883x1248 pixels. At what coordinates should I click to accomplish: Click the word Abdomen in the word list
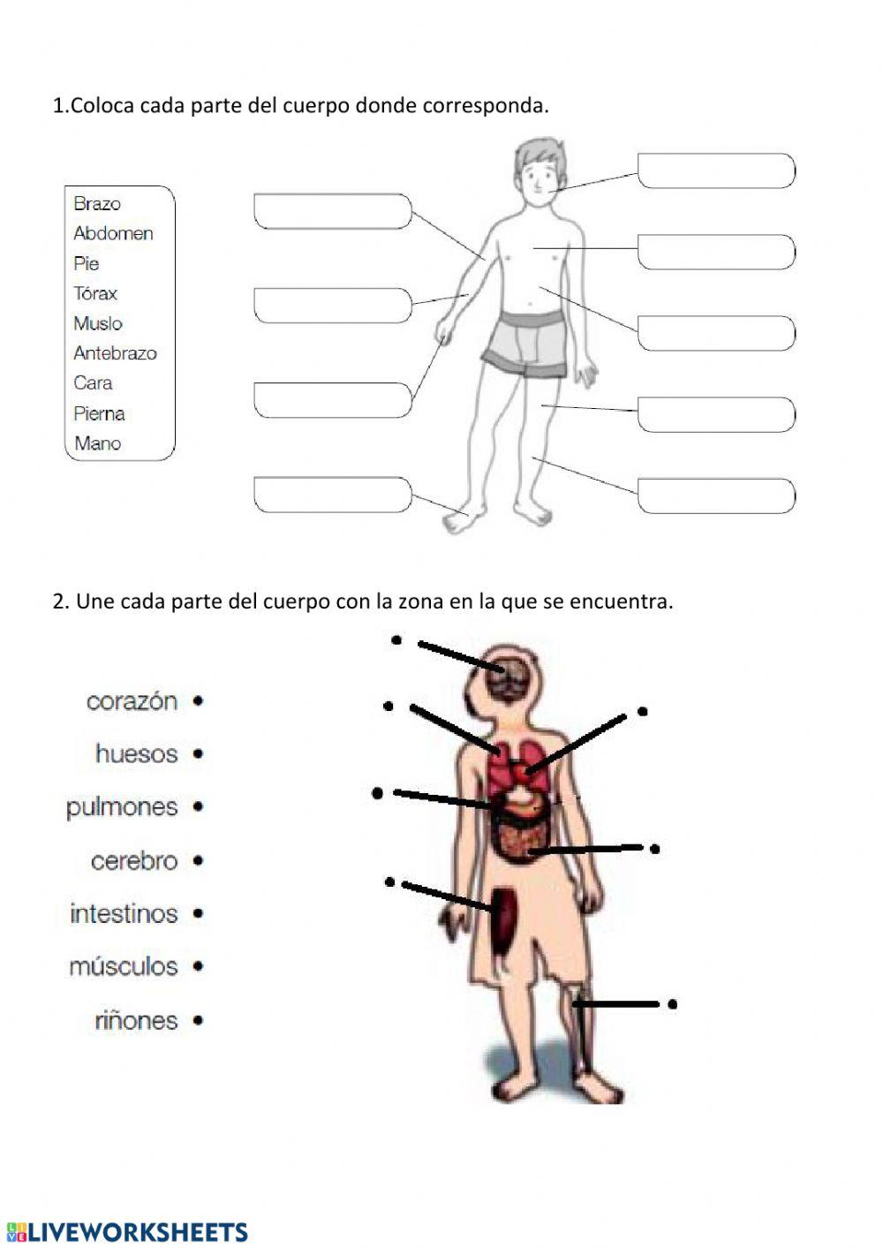tap(113, 233)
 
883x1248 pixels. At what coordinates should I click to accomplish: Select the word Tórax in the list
tap(95, 293)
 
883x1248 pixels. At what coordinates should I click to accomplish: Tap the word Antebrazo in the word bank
tap(115, 353)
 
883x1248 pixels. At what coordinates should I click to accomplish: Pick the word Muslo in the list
tap(98, 323)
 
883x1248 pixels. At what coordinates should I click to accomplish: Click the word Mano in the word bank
tap(98, 443)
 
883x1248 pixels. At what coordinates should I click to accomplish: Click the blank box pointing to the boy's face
tap(716, 170)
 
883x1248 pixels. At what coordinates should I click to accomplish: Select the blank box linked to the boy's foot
tap(332, 495)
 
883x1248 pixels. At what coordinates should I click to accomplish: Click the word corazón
tap(132, 701)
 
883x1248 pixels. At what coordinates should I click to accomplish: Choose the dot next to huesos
tap(198, 754)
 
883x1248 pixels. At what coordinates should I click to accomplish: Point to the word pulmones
tap(122, 807)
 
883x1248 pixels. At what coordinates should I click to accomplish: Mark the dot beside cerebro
tap(198, 860)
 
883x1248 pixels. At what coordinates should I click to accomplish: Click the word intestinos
tap(124, 913)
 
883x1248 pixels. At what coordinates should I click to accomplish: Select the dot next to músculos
tap(198, 966)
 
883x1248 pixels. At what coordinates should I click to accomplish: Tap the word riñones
tap(136, 1021)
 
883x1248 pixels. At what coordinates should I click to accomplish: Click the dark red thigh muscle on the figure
tap(504, 919)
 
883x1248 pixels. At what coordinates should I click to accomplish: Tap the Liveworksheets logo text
tap(138, 1232)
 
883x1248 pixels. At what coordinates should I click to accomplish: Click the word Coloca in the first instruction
tap(102, 106)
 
